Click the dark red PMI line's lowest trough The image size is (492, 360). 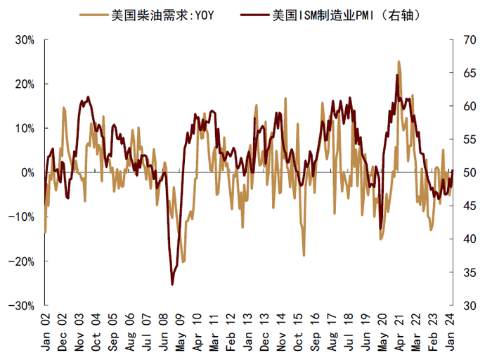pos(172,284)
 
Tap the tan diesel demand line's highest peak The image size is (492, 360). pos(399,62)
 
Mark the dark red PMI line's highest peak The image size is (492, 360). pos(397,75)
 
